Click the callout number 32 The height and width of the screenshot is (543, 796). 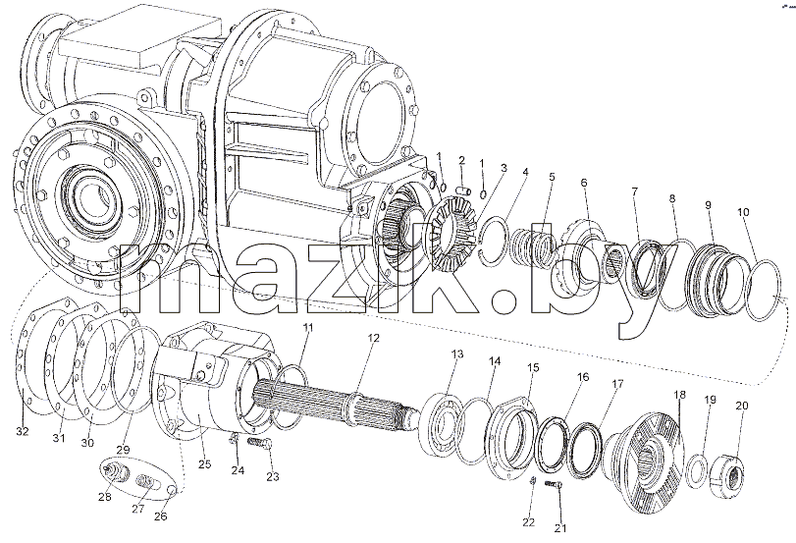tap(23, 432)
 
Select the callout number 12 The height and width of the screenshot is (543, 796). tap(374, 339)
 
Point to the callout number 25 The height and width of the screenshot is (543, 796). tap(205, 464)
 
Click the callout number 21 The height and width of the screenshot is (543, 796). tap(560, 528)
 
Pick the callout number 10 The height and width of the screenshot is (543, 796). tap(743, 212)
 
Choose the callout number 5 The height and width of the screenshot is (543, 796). tap(552, 177)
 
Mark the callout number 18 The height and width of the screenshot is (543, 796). tap(679, 395)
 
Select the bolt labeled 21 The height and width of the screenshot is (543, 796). tap(554, 484)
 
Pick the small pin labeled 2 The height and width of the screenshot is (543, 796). tap(464, 191)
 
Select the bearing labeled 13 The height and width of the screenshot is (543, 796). tap(443, 421)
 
